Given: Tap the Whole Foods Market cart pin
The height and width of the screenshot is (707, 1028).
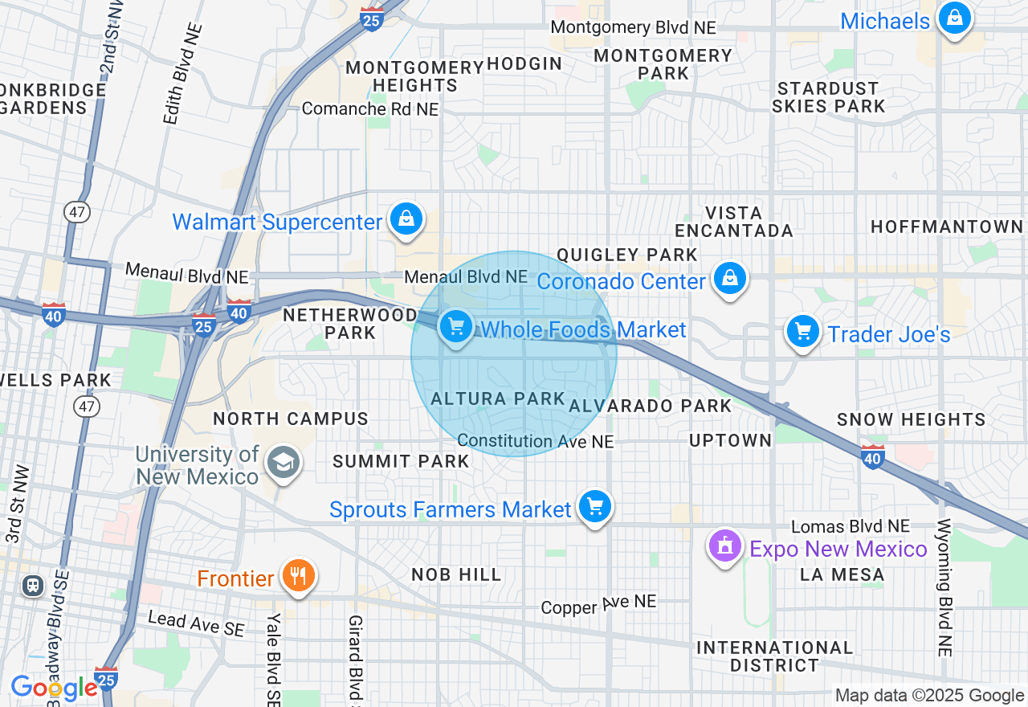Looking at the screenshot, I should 456,327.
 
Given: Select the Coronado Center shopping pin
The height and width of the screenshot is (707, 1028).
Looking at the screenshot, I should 729,279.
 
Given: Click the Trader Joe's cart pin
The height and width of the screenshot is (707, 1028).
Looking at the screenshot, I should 802,332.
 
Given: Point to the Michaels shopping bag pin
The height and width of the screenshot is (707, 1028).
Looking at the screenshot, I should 954,18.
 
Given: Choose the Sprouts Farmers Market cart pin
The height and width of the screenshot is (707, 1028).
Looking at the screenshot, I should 594,507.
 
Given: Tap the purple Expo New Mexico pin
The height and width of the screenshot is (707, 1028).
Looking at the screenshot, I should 725,547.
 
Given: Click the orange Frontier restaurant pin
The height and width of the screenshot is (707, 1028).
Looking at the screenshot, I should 298,576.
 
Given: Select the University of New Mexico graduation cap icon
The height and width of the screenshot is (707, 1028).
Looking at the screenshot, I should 283,464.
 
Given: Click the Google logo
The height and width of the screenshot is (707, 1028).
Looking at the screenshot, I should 54,688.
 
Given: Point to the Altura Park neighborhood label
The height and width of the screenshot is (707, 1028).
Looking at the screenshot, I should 498,398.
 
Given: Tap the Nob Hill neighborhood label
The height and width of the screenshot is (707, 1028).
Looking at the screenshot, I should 456,574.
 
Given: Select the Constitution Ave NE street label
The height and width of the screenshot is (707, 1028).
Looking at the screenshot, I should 535,441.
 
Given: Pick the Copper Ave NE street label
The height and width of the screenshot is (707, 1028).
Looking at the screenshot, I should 598,604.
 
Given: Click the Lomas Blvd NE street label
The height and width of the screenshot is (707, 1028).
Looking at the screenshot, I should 851,526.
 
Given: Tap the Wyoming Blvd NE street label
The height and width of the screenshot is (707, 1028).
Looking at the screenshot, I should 944,587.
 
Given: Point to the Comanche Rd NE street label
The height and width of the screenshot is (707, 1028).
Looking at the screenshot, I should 370,108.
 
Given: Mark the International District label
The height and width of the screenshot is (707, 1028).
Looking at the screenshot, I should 774,656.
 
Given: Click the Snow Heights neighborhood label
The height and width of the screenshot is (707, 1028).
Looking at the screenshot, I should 911,419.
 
